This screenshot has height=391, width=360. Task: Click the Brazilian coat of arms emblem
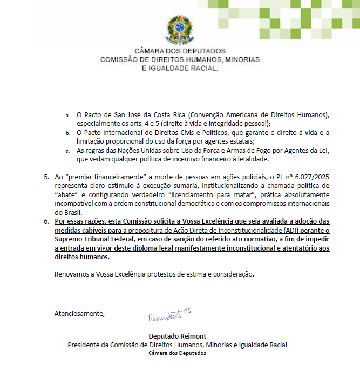[x=180, y=28]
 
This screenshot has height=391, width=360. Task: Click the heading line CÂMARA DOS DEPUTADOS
[x=180, y=51]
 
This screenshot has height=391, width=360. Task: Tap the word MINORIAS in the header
[x=240, y=59]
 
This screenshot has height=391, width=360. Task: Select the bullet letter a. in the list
[x=67, y=116]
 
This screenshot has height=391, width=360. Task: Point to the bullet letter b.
[x=67, y=133]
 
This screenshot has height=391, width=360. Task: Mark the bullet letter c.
[x=67, y=150]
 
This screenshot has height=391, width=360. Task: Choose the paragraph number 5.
[x=46, y=177]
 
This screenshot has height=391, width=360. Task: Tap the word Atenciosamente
[x=79, y=313]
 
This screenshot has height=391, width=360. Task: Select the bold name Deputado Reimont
[x=177, y=336]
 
